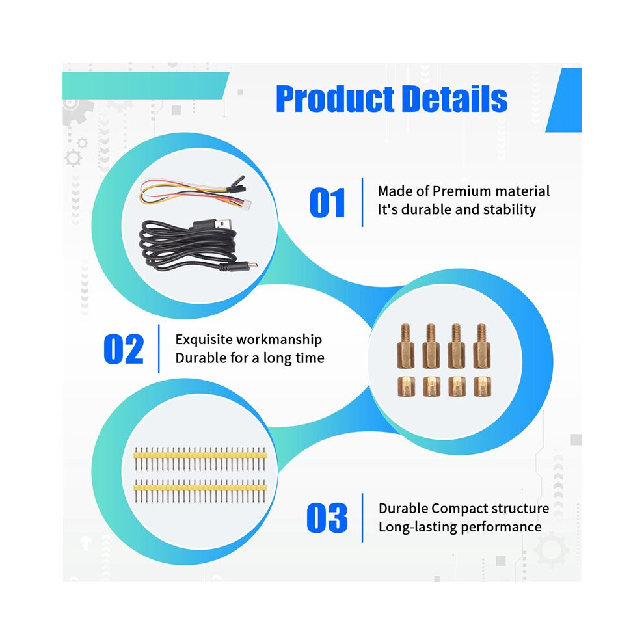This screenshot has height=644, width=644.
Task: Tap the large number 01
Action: click(x=327, y=202)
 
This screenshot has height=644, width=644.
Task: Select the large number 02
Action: click(x=124, y=349)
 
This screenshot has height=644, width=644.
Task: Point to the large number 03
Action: click(x=327, y=518)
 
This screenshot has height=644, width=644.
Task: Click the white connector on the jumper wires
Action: click(x=246, y=204)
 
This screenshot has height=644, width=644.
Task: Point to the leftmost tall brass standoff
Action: click(x=405, y=346)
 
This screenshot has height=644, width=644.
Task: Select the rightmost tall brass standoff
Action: click(x=482, y=346)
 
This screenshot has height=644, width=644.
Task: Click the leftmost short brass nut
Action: click(x=406, y=387)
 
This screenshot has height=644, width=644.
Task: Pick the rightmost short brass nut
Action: click(x=482, y=387)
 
